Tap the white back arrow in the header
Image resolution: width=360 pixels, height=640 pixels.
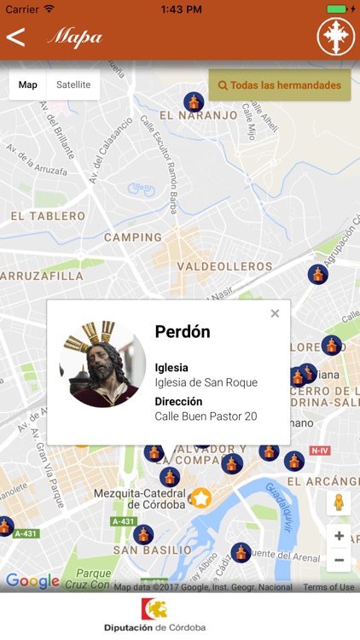coord(15,37)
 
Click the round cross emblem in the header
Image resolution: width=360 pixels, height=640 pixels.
coord(335,37)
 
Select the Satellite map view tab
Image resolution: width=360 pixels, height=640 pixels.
coord(73,85)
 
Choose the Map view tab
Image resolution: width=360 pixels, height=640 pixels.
coord(28,85)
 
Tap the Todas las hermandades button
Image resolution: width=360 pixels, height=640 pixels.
coord(280,85)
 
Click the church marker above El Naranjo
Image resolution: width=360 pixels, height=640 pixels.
coord(195,102)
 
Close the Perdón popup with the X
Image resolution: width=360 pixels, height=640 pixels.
coord(275,314)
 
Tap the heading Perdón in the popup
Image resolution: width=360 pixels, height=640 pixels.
coord(183,331)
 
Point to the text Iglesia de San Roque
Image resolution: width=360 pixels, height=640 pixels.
coord(206,382)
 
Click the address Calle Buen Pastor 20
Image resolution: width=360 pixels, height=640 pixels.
coord(206,416)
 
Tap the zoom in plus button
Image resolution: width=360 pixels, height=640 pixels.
coord(339,536)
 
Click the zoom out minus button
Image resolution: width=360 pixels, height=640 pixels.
coord(339,560)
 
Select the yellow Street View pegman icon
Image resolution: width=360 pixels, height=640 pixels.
coord(339,503)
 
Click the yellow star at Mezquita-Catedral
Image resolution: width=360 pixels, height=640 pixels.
coord(200,497)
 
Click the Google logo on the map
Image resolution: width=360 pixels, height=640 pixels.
coord(32,581)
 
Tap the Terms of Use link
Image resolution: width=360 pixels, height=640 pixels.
coord(328,587)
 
